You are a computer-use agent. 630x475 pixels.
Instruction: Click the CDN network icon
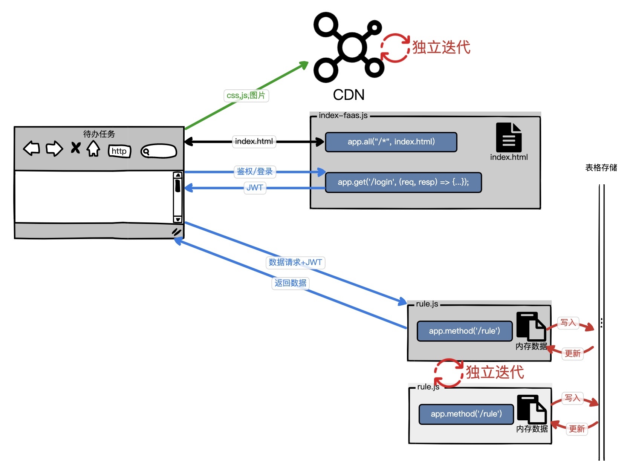[x=349, y=47]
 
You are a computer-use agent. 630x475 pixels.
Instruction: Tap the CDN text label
[x=349, y=95]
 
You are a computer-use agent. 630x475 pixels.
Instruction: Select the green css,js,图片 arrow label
[x=246, y=96]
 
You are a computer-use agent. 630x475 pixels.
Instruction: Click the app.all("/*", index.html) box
[x=391, y=142]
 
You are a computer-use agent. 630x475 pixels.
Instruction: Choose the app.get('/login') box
[x=403, y=182]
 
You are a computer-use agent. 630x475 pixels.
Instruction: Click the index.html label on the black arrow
[x=254, y=142]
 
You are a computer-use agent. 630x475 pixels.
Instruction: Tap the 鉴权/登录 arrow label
[x=255, y=172]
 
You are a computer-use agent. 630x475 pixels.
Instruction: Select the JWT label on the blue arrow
[x=255, y=188]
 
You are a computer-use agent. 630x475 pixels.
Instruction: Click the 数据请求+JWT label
[x=295, y=262]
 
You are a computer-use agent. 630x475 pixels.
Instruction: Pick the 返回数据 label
[x=291, y=283]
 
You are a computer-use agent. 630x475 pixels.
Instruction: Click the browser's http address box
[x=119, y=151]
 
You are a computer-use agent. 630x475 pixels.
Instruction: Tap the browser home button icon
[x=93, y=149]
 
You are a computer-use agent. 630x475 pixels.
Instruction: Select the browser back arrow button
[x=32, y=148]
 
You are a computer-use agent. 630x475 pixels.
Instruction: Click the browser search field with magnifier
[x=159, y=151]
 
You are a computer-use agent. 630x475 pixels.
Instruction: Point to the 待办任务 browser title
[x=99, y=134]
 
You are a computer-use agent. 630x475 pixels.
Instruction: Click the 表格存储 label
[x=601, y=168]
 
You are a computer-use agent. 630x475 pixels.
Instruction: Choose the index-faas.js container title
[x=343, y=116]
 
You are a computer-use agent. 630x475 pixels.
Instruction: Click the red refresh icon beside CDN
[x=395, y=48]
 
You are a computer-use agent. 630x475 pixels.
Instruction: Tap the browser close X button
[x=76, y=148]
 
